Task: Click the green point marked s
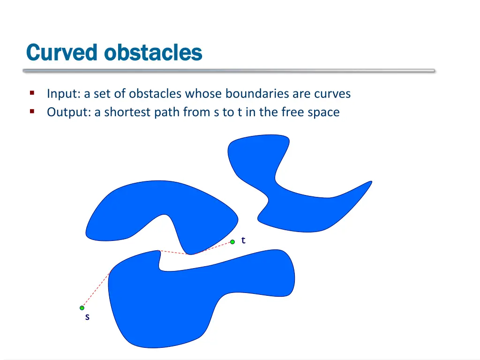tap(82, 308)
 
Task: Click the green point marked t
tap(232, 242)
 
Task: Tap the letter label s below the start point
tap(87, 317)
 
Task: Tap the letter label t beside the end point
tap(243, 240)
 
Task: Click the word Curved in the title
tap(62, 52)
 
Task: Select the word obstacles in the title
tap(153, 52)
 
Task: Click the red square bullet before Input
tap(32, 93)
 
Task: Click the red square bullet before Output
tap(32, 112)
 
